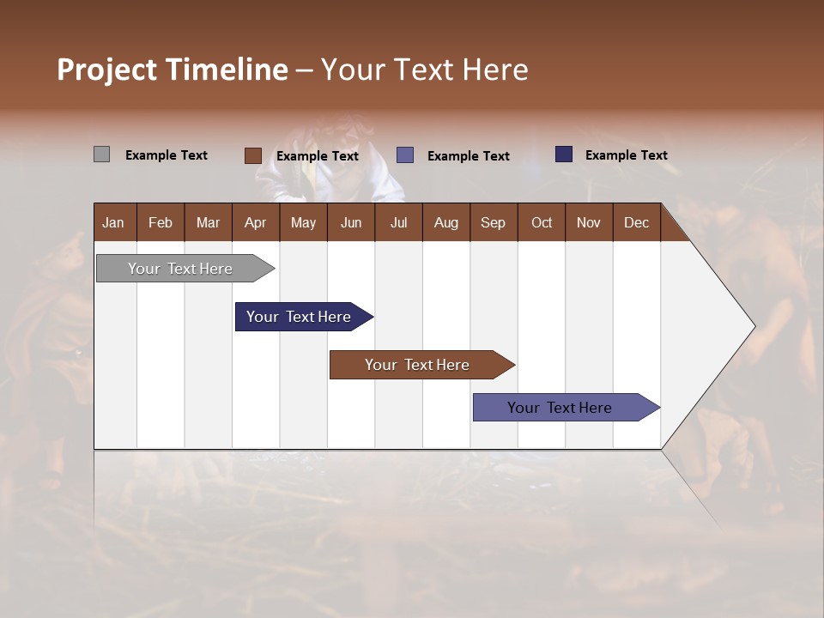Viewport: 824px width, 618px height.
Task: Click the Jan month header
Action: (x=114, y=222)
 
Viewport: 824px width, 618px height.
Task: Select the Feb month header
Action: (x=161, y=222)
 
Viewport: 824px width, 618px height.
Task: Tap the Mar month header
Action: (x=208, y=222)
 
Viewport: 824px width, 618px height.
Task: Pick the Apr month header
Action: (x=256, y=222)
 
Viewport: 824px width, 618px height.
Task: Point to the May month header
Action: (x=303, y=222)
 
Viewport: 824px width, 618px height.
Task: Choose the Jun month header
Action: (x=351, y=222)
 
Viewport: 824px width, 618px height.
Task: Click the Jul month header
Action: (x=398, y=222)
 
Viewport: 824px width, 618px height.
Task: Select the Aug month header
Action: (x=446, y=222)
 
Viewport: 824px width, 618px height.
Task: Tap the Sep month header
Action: (x=494, y=222)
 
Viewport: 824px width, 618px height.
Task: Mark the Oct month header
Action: (x=542, y=222)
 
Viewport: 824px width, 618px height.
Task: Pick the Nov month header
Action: (x=589, y=222)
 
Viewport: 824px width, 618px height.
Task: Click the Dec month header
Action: (x=637, y=222)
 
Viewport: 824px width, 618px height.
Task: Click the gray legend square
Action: (x=101, y=154)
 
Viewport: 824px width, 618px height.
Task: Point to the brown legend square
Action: (x=252, y=155)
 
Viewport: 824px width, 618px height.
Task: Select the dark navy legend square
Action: (x=564, y=154)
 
